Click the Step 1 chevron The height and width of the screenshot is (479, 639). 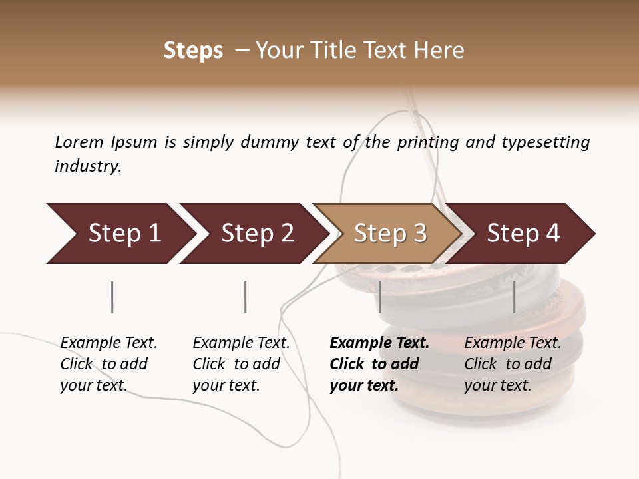coord(120,234)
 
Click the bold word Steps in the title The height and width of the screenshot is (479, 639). coord(193,51)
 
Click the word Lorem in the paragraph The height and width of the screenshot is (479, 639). coord(79,142)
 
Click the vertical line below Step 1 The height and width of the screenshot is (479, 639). coord(112,297)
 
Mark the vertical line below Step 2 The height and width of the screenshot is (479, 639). coord(245,297)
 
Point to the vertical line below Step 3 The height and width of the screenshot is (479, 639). coord(379,297)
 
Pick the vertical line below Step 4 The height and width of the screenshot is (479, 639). coord(514,297)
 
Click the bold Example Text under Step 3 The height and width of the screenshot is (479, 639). coord(379,343)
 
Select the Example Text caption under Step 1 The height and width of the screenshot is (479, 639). coord(108,343)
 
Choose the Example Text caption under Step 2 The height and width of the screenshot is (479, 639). coord(241,343)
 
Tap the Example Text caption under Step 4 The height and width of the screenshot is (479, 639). coord(513,343)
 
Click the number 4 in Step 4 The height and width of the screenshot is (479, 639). coord(552,234)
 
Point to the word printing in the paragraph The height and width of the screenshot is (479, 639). coord(428,142)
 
